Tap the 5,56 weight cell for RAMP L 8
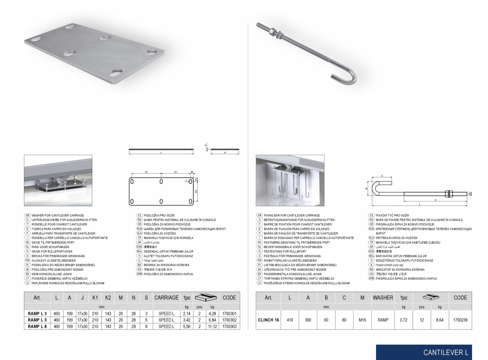(x=187, y=327)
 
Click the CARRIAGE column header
(x=166, y=298)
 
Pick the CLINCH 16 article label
(x=268, y=321)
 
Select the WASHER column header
(x=383, y=298)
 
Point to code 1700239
(x=461, y=321)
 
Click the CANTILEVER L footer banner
(x=431, y=352)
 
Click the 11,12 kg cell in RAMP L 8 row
(x=212, y=327)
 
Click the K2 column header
(x=108, y=298)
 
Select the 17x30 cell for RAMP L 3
(x=82, y=314)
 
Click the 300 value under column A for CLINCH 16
(x=308, y=321)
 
